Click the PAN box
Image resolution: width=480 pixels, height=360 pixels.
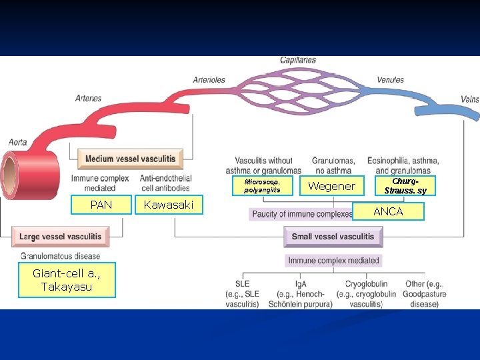tap(101, 205)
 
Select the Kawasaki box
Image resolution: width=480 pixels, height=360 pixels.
tap(169, 205)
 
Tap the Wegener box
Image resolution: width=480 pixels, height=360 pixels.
tap(331, 186)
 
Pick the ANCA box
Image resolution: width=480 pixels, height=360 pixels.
tap(388, 211)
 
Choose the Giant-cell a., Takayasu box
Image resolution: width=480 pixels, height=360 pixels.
tap(67, 279)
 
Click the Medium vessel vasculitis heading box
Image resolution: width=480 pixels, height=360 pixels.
tap(130, 159)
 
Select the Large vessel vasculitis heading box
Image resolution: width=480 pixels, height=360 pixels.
tap(60, 236)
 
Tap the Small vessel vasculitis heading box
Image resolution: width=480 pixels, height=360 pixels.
tap(333, 236)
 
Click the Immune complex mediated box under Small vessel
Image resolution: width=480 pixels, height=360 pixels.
tap(333, 260)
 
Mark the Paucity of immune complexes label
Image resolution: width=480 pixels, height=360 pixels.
tap(302, 214)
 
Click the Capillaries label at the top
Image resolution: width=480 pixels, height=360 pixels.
tap(298, 61)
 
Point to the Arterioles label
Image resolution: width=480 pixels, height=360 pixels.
tap(209, 80)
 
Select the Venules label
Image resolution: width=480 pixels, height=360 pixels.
tap(390, 80)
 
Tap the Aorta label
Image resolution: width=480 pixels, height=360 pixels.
tap(18, 141)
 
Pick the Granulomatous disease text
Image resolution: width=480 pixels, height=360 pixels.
tap(60, 256)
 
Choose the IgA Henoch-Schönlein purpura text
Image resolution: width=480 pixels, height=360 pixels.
tap(300, 294)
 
